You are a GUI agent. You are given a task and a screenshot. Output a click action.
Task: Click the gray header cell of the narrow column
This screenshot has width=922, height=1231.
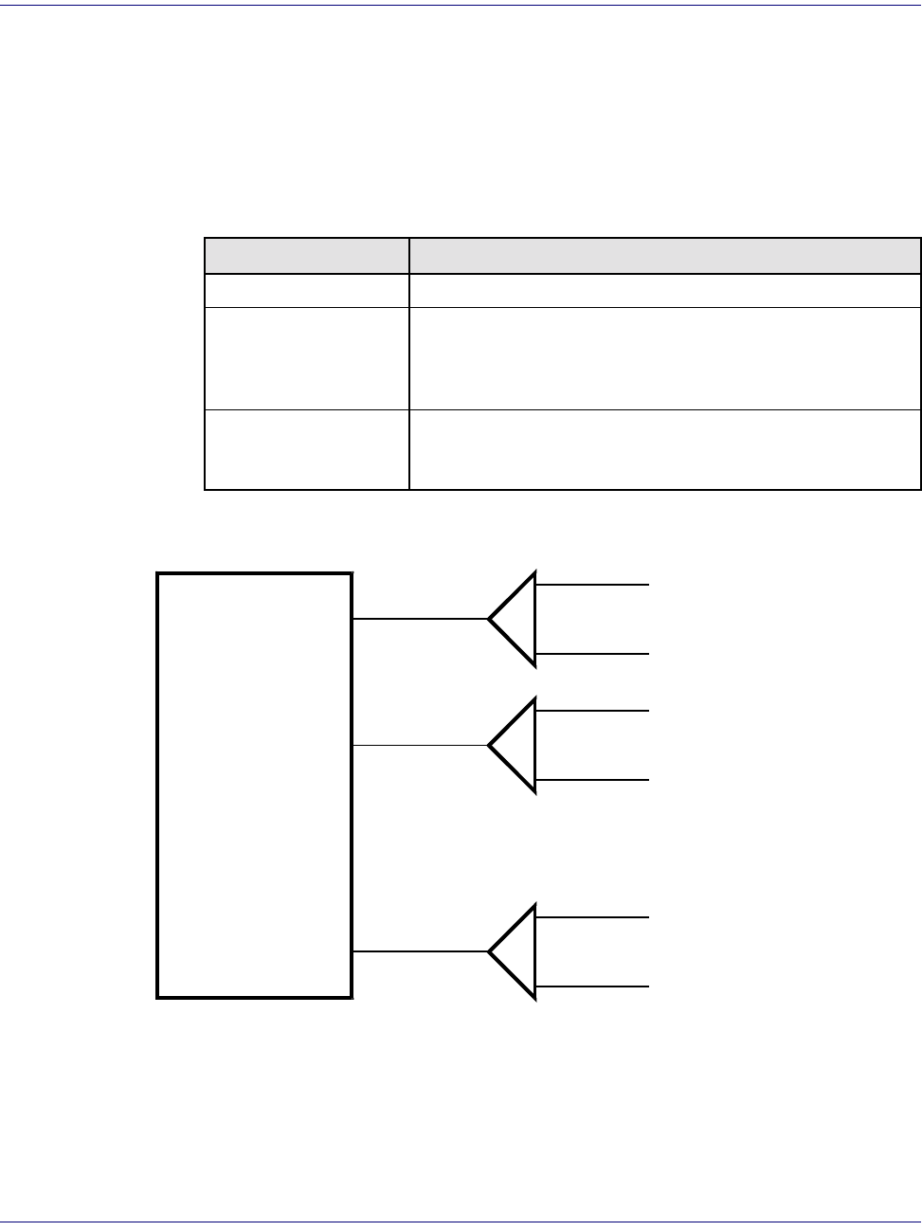(307, 256)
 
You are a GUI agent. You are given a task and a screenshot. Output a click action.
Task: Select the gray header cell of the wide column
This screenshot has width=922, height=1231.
(664, 256)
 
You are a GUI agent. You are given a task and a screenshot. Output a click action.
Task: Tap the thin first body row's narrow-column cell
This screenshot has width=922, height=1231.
(307, 290)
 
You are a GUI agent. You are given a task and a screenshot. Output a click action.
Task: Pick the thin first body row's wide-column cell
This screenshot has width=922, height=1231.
(664, 290)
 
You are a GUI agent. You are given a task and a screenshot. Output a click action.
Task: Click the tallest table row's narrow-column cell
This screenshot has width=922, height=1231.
(307, 358)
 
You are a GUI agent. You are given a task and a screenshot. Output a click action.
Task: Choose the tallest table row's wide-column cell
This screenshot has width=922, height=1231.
(664, 358)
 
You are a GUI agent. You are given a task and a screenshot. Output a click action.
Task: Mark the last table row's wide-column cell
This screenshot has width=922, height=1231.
(664, 449)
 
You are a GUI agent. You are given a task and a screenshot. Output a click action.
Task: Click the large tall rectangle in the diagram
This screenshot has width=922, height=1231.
(254, 785)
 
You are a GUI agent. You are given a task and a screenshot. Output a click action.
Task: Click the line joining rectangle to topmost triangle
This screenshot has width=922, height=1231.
(420, 619)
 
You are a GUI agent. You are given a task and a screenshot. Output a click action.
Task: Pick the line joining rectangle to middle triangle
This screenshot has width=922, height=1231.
(420, 746)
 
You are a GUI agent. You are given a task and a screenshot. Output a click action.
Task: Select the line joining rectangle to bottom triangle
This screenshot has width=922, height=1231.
(420, 951)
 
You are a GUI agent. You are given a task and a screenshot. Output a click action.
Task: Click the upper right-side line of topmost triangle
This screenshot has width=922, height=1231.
(592, 585)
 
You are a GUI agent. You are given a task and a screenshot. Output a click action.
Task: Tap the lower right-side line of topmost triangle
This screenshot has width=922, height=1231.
(592, 654)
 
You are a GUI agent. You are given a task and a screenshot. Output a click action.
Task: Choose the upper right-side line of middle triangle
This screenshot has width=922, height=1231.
(592, 711)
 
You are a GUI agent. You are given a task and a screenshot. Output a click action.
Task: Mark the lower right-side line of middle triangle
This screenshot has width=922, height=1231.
(592, 780)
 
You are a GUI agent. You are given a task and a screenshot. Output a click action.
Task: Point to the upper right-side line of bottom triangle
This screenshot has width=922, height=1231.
(592, 917)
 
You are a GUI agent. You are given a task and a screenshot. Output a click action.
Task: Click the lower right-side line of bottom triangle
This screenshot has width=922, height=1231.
(592, 987)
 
